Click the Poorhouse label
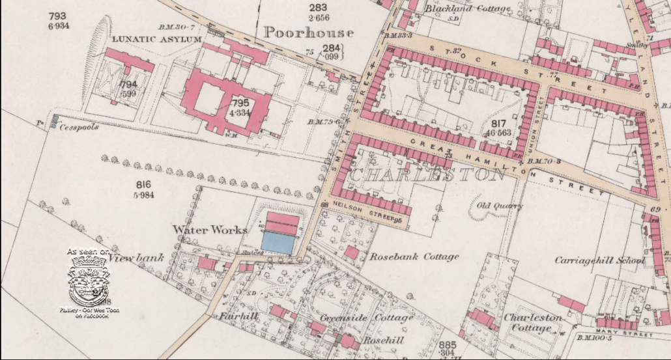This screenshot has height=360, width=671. point(309,32)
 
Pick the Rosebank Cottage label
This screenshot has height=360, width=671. point(414,256)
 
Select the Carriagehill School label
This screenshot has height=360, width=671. point(600,260)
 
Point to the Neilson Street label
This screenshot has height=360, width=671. point(365,213)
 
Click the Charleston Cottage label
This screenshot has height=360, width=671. point(532,322)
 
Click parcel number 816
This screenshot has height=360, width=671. point(144,184)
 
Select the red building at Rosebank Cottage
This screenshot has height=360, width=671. point(351,253)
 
